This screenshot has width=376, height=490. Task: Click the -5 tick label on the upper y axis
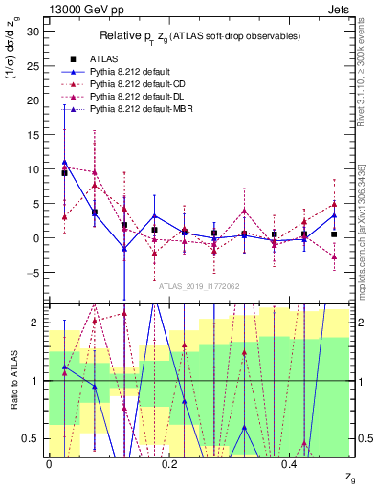[33, 273]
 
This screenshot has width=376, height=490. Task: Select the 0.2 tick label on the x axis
[169, 464]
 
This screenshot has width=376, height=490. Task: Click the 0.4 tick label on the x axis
[290, 464]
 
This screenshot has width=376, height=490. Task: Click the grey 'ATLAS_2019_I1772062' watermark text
[198, 285]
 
